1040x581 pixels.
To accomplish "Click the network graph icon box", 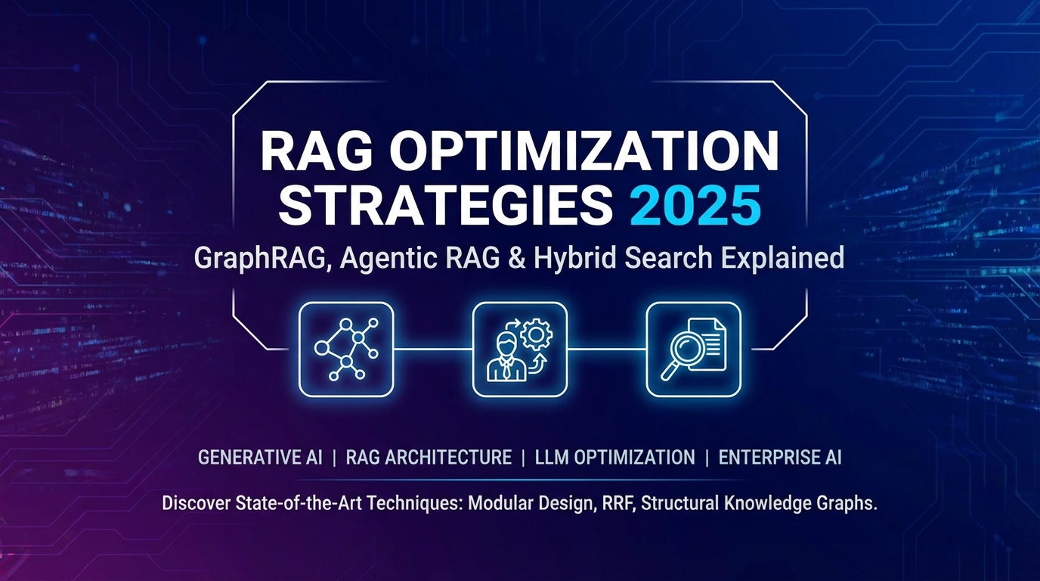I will pos(346,349).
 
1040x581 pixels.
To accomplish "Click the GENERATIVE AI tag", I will pos(260,458).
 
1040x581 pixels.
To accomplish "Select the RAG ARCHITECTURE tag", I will pos(429,458).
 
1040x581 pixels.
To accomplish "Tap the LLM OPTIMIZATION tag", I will pos(614,458).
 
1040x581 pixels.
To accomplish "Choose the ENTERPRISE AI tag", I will pos(780,458).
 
